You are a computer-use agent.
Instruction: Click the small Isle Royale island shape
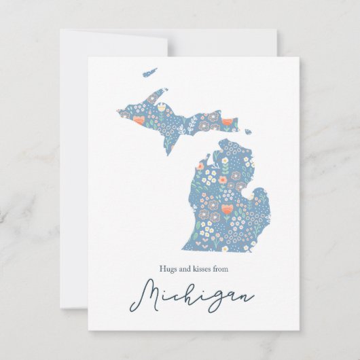pos(150,71)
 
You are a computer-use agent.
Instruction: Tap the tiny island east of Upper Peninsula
pos(249,132)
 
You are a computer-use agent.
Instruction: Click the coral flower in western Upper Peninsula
pos(139,120)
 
